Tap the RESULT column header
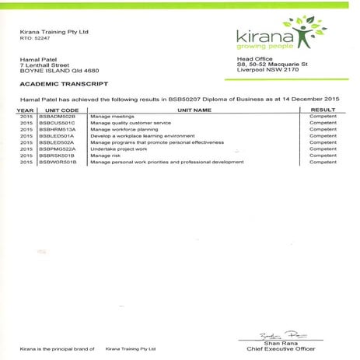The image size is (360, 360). click(323, 110)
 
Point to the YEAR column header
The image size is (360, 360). click(25, 110)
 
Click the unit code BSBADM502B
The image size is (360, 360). click(57, 117)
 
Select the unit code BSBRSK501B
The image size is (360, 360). click(57, 156)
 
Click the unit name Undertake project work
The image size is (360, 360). click(118, 149)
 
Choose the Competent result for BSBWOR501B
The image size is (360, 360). click(323, 162)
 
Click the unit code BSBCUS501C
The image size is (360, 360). click(57, 123)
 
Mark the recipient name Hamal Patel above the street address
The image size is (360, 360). click(37, 59)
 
